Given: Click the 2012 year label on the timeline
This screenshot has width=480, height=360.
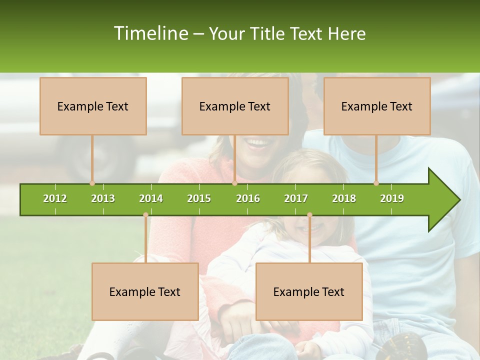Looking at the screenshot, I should pyautogui.click(x=55, y=198).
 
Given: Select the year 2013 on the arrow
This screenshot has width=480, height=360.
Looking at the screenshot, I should pyautogui.click(x=103, y=198).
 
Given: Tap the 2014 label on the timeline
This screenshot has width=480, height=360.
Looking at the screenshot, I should pyautogui.click(x=151, y=198).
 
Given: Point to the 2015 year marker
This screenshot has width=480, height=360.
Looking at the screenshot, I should pyautogui.click(x=199, y=198).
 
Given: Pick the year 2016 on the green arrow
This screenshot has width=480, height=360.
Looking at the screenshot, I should pyautogui.click(x=248, y=198).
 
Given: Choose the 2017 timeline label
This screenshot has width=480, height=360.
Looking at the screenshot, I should pyautogui.click(x=296, y=198).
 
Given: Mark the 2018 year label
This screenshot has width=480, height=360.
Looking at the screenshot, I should pyautogui.click(x=344, y=198).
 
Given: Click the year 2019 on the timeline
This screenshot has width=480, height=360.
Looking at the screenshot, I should pyautogui.click(x=392, y=198).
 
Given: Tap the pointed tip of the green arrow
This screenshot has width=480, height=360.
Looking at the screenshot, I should pyautogui.click(x=458, y=200).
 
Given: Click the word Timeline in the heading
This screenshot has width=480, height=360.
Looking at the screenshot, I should pyautogui.click(x=150, y=33).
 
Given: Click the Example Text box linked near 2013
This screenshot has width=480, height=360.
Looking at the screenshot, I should pyautogui.click(x=93, y=106).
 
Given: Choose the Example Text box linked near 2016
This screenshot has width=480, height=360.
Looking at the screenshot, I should pyautogui.click(x=235, y=106).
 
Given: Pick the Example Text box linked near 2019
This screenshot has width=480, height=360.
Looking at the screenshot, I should pyautogui.click(x=377, y=106).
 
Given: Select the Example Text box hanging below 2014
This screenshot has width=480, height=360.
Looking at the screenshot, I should pyautogui.click(x=145, y=291).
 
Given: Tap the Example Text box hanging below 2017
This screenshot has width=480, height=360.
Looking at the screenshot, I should pyautogui.click(x=309, y=291).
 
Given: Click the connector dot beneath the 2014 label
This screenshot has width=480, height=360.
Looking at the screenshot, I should pyautogui.click(x=145, y=215).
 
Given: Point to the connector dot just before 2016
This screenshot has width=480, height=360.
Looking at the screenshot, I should pyautogui.click(x=234, y=183).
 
